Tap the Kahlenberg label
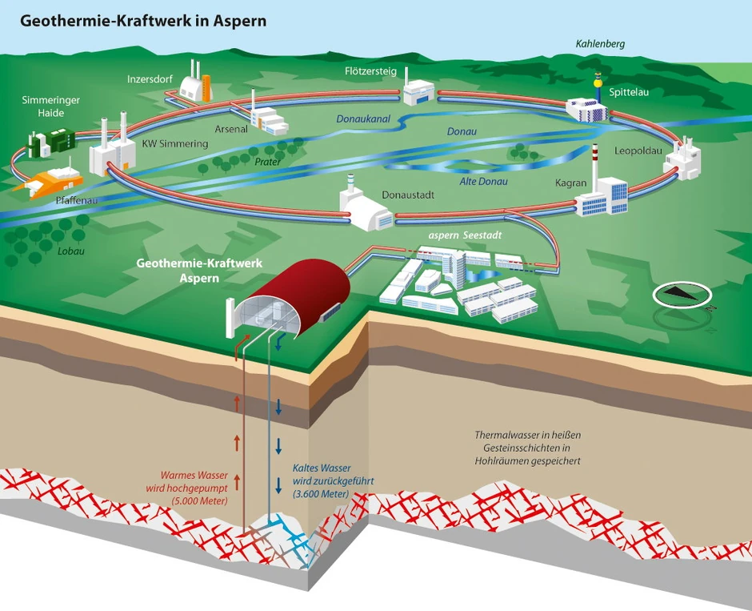[x=600, y=43]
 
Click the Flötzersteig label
[x=370, y=71]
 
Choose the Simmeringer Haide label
[x=43, y=107]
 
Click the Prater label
[x=267, y=161]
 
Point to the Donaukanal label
[x=365, y=119]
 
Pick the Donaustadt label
[x=409, y=195]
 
